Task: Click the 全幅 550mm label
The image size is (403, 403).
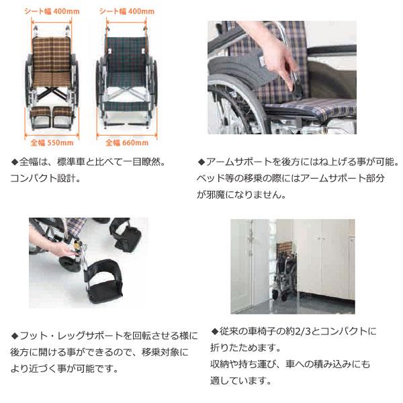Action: [x=51, y=142]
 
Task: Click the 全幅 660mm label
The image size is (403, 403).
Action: [x=126, y=142]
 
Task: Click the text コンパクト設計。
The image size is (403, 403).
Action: [x=44, y=179]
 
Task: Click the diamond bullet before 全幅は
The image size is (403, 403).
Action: [x=16, y=163]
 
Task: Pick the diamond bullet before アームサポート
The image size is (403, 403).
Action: [x=201, y=163]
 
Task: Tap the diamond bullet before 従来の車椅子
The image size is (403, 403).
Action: [x=215, y=332]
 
